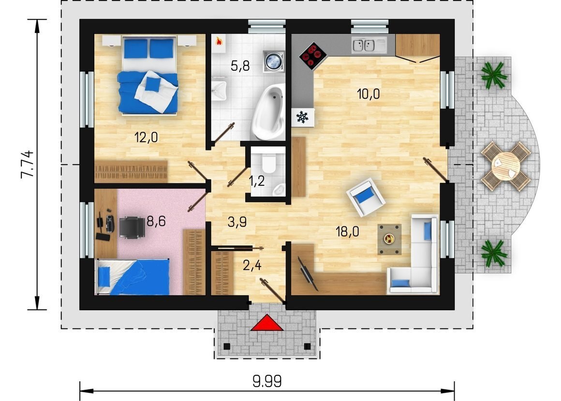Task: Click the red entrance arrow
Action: coord(267,323)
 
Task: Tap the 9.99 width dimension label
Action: coord(267,381)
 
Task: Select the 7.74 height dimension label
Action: coord(27,164)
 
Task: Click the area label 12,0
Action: coord(146,137)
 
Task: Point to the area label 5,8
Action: coord(240,66)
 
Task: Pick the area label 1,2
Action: coord(256,181)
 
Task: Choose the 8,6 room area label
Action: coord(156,222)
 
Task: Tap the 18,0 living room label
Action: coord(347,231)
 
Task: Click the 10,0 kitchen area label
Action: coord(368,94)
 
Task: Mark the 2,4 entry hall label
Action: coord(252,266)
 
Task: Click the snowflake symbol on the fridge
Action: coord(303,117)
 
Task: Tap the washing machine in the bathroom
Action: coord(274,61)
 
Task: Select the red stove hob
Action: coord(313,56)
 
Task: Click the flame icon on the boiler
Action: coord(219,42)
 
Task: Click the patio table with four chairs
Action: coord(506,166)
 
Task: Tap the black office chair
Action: coord(132,227)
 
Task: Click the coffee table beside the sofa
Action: coord(389,239)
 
